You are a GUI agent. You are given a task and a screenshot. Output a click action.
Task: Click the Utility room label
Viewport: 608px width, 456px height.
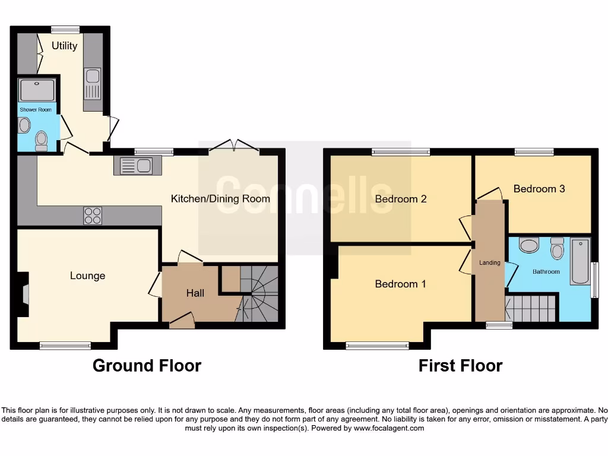64,46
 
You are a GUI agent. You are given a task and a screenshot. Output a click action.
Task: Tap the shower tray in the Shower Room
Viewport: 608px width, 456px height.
37,90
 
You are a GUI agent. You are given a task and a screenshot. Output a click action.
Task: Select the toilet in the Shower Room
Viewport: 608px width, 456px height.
41,140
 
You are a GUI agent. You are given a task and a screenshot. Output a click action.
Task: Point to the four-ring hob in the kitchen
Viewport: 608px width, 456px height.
92,216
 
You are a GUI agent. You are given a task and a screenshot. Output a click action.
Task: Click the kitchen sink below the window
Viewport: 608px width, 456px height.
137,166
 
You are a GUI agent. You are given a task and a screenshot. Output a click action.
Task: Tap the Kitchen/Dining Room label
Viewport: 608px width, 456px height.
220,199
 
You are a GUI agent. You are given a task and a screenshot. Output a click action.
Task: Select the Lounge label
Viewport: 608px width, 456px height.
87,275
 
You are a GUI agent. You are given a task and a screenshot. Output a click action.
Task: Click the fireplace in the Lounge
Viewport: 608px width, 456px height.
24,294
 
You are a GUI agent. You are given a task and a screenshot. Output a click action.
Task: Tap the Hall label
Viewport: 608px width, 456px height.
195,293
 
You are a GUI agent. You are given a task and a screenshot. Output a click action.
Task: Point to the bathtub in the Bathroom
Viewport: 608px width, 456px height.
579,262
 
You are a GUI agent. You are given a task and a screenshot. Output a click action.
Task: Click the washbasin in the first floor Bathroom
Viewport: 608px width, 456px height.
528,245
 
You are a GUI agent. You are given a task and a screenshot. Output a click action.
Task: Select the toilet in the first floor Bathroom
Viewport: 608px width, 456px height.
557,249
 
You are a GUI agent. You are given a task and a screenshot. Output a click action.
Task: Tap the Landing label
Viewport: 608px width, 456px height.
490,262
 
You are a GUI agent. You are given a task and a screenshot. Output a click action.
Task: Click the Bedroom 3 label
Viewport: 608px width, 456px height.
539,189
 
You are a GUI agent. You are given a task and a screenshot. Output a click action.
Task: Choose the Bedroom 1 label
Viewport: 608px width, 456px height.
400,284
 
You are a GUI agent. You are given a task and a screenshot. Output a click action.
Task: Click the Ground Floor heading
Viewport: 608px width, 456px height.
147,366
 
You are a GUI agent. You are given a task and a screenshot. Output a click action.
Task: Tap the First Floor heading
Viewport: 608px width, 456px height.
460,366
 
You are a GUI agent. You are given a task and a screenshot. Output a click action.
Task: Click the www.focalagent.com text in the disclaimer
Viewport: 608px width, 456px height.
389,428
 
